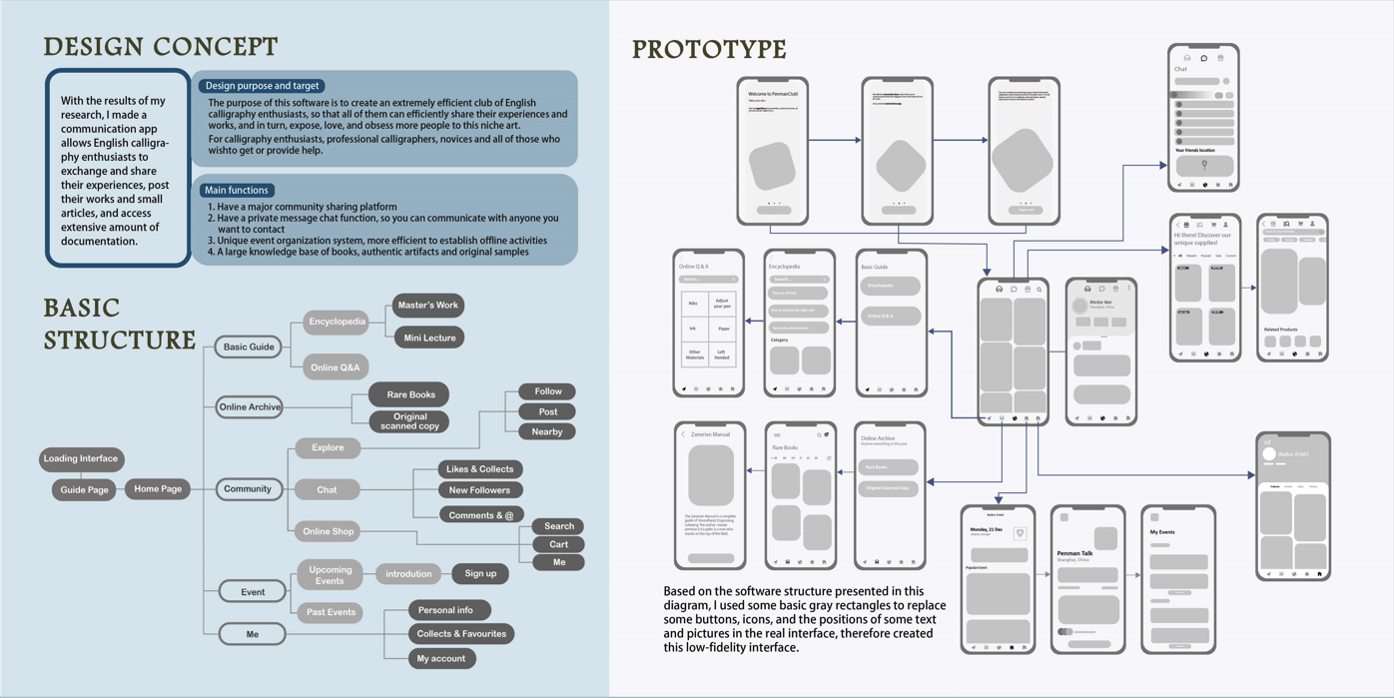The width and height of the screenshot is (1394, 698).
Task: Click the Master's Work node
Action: coord(427,306)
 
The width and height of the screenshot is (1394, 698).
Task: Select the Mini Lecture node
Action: coord(429,338)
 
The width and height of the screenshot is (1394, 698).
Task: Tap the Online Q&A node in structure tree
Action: coord(335,367)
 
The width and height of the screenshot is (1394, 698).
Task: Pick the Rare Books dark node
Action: coord(410,394)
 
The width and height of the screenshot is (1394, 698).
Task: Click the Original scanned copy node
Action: coord(409,421)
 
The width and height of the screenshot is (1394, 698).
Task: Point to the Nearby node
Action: coord(547,431)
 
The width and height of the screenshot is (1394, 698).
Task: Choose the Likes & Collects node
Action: coord(479,469)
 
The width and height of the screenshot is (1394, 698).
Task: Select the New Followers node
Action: coord(479,490)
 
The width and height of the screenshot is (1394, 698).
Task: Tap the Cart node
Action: coord(558,544)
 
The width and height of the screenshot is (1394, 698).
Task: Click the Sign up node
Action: coord(480,573)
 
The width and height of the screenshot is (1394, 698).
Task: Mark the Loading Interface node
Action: coord(81,459)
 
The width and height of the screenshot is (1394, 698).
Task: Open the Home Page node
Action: coord(158,489)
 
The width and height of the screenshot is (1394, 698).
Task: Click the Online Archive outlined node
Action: coord(250,407)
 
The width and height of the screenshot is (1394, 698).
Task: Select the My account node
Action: coord(440,658)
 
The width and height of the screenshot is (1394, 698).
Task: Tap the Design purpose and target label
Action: coord(262,86)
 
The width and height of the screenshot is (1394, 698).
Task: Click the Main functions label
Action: coord(236,190)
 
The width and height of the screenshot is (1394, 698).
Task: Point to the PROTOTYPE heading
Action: coord(709,49)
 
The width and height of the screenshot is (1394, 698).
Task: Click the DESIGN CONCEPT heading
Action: coord(161,47)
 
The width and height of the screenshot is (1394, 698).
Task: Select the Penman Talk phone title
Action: coord(1074,553)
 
